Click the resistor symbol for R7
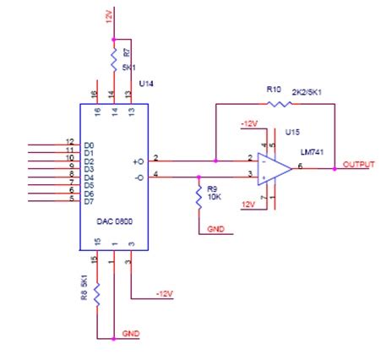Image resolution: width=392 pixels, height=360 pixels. pyautogui.click(x=113, y=58)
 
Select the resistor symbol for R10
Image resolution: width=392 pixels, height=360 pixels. pyautogui.click(x=279, y=104)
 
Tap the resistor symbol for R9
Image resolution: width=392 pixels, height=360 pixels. pyautogui.click(x=198, y=196)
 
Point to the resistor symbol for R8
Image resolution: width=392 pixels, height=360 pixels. pyautogui.click(x=97, y=295)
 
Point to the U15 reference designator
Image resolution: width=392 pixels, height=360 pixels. pyautogui.click(x=291, y=133)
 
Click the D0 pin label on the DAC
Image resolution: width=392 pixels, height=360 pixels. pyautogui.click(x=89, y=145)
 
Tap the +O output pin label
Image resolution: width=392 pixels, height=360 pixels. pyautogui.click(x=138, y=160)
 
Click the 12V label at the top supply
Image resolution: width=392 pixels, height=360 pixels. pyautogui.click(x=109, y=16)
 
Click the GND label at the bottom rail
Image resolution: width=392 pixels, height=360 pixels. pyautogui.click(x=131, y=335)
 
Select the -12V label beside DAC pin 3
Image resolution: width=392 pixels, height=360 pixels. pyautogui.click(x=164, y=295)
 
